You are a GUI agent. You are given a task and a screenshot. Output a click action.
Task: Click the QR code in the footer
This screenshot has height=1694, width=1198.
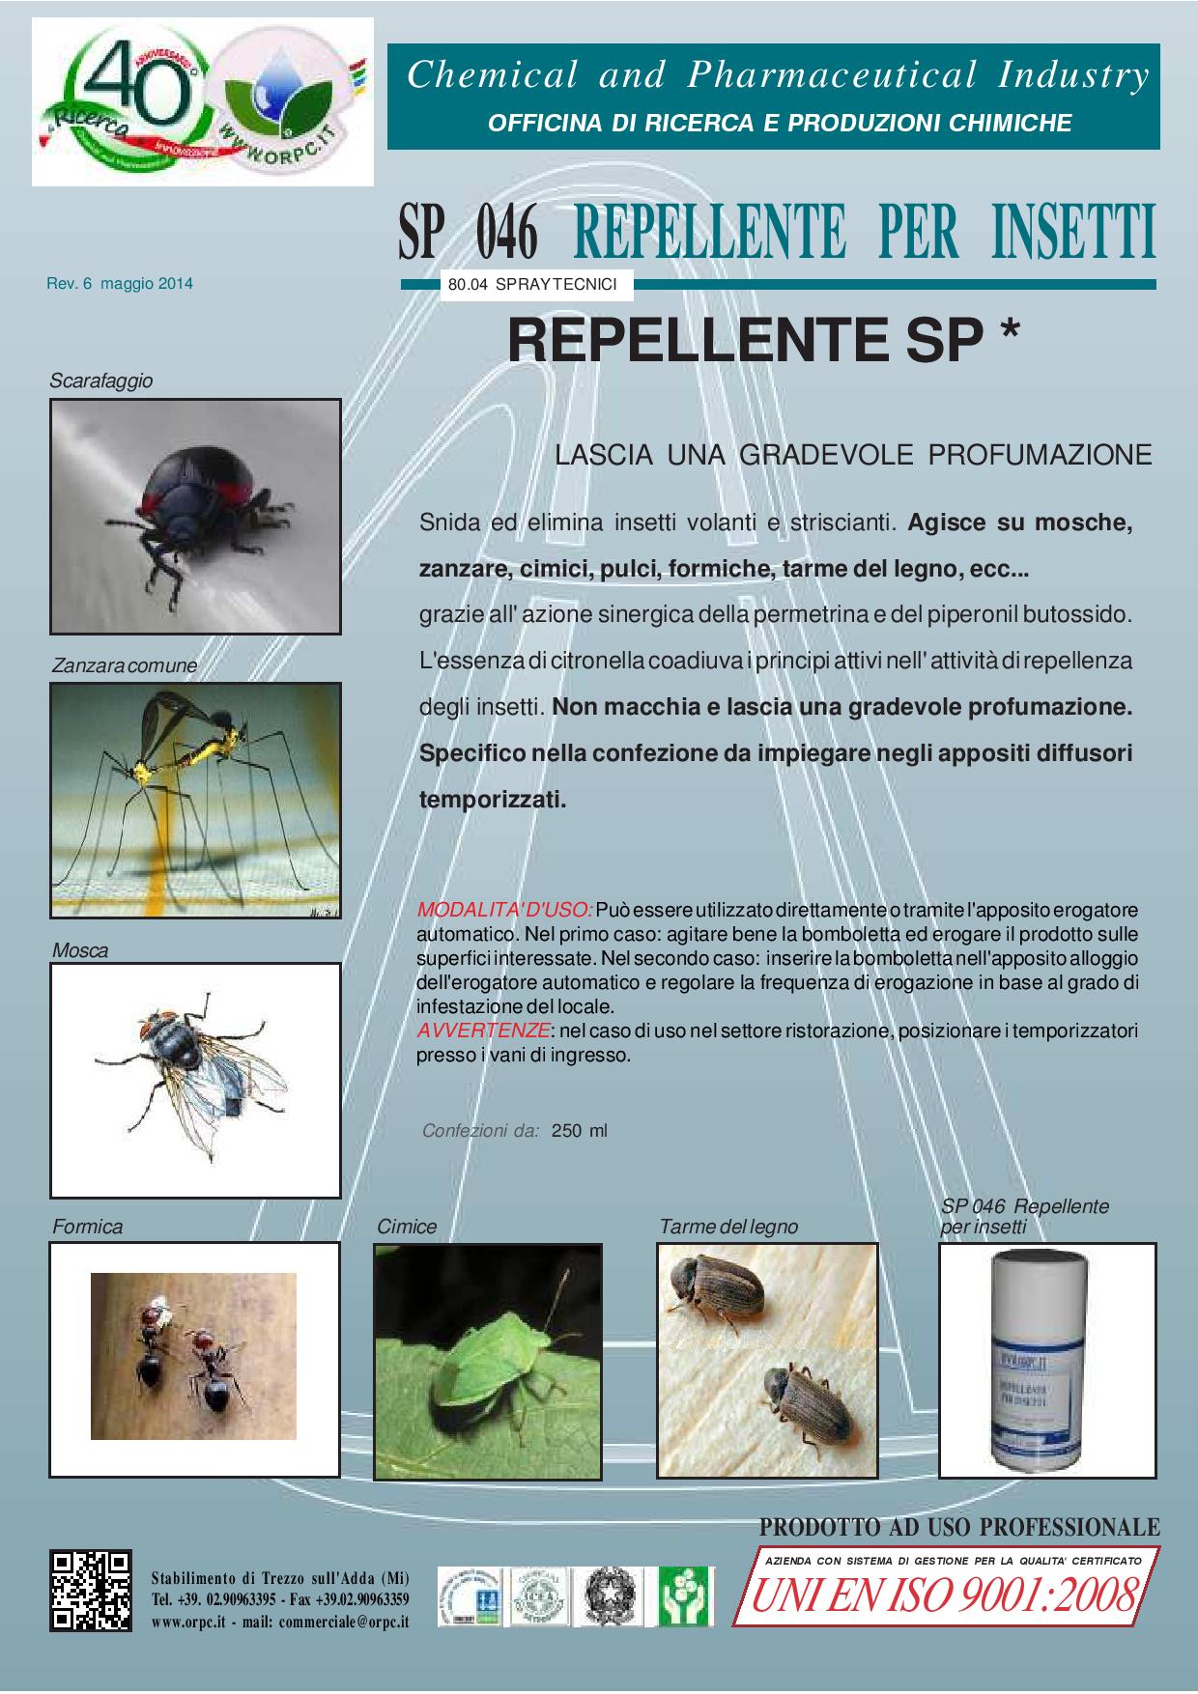pyautogui.click(x=91, y=1591)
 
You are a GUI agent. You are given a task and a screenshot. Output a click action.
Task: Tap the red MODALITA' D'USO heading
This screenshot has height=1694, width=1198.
pyautogui.click(x=505, y=910)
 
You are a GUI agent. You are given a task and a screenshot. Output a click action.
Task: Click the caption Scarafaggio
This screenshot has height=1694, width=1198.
pyautogui.click(x=101, y=381)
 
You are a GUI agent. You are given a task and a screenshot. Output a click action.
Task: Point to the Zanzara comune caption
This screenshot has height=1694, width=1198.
pyautogui.click(x=125, y=665)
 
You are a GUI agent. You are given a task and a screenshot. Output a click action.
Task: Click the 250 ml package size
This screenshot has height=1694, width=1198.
pyautogui.click(x=580, y=1131)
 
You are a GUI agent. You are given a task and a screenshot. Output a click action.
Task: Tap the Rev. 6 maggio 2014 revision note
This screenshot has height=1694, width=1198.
pyautogui.click(x=120, y=284)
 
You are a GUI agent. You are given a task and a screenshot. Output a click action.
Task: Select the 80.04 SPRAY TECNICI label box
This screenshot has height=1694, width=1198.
pyautogui.click(x=536, y=285)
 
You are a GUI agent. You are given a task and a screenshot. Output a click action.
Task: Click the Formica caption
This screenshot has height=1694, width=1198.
pyautogui.click(x=87, y=1227)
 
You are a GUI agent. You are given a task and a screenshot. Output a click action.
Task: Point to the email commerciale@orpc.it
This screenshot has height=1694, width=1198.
pyautogui.click(x=343, y=1623)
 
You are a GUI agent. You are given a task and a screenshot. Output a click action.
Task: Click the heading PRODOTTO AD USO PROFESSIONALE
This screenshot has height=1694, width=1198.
pyautogui.click(x=959, y=1527)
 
